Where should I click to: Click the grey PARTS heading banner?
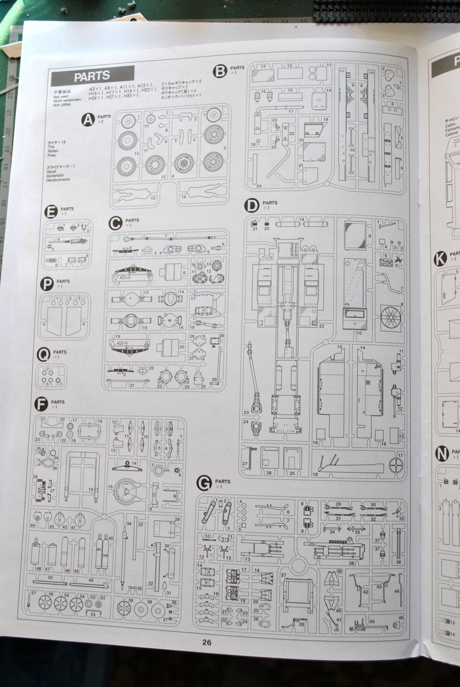(x=92, y=76)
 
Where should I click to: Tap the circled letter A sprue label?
(x=88, y=119)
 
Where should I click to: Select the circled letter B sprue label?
(x=220, y=71)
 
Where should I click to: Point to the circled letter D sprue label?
(x=252, y=206)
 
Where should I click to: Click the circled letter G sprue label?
(x=204, y=483)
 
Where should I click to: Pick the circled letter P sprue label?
(x=47, y=284)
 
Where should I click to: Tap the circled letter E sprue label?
(x=51, y=212)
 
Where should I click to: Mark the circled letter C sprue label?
(x=115, y=223)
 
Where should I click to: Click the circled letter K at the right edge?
(x=440, y=258)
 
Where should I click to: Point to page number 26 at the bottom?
(x=207, y=642)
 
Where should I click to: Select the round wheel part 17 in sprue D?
(x=395, y=464)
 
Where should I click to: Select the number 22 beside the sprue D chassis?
(x=322, y=326)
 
